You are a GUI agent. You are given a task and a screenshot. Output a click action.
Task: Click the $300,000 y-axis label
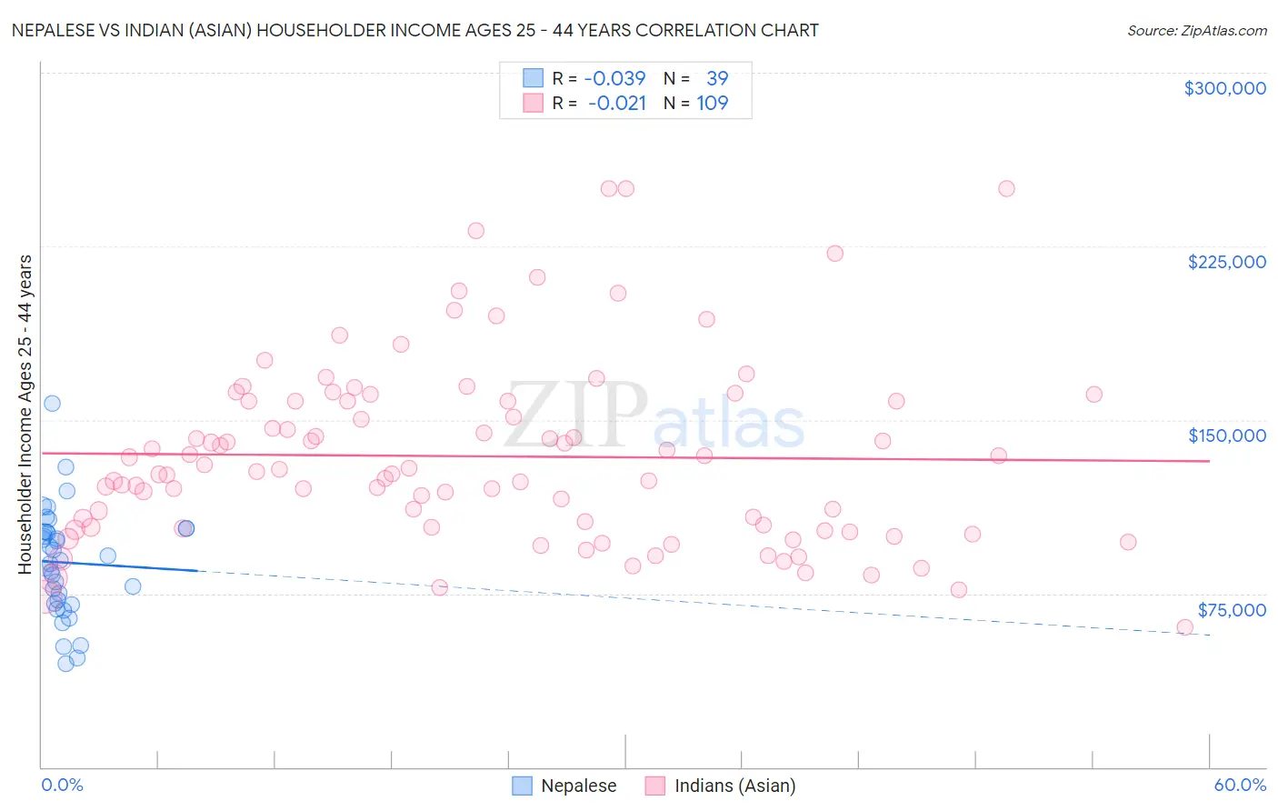pyautogui.click(x=1224, y=88)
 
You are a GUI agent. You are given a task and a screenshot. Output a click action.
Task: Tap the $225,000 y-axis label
pyautogui.click(x=1226, y=262)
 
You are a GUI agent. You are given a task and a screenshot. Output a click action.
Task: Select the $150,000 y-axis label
pyautogui.click(x=1226, y=436)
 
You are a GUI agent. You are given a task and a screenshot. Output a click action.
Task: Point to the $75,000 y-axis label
pyautogui.click(x=1231, y=610)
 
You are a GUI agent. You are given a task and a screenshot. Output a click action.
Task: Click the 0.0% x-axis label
pyautogui.click(x=62, y=785)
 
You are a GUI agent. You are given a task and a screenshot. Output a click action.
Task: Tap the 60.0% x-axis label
pyautogui.click(x=1240, y=785)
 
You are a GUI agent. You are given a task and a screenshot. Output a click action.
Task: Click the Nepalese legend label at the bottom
pyautogui.click(x=578, y=786)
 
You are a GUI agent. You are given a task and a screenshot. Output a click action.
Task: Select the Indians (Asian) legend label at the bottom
pyautogui.click(x=734, y=786)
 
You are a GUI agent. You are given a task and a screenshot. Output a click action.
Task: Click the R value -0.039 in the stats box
pyautogui.click(x=614, y=78)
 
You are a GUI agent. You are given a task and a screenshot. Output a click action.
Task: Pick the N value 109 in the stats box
pyautogui.click(x=713, y=103)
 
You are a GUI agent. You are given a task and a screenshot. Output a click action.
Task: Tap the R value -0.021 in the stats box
pyautogui.click(x=616, y=103)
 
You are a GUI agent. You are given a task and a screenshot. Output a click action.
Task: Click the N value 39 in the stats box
pyautogui.click(x=717, y=78)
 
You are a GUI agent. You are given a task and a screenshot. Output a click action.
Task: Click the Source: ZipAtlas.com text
pyautogui.click(x=1196, y=31)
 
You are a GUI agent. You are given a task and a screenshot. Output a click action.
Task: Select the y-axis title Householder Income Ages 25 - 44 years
pyautogui.click(x=25, y=414)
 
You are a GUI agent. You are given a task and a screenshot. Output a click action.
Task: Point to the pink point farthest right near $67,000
pyautogui.click(x=1184, y=627)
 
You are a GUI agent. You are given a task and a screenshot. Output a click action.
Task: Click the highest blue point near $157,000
pyautogui.click(x=52, y=403)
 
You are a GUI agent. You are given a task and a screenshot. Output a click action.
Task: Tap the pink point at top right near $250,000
pyautogui.click(x=1006, y=188)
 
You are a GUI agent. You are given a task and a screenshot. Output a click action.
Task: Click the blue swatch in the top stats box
pyautogui.click(x=533, y=78)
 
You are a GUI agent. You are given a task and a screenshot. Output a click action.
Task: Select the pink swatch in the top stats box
pyautogui.click(x=533, y=103)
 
